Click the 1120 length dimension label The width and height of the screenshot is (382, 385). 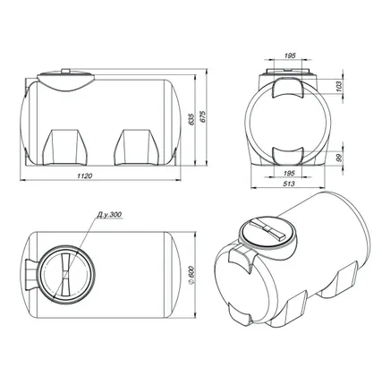pos(85,175)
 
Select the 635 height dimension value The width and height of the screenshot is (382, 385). pos(191,119)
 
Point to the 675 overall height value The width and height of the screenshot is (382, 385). pos(203,116)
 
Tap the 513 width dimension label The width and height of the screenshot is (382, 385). pos(289,184)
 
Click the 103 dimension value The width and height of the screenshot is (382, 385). pos(339,86)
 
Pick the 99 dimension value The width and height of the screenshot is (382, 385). pos(339,158)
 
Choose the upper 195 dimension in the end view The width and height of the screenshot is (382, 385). pos(290,56)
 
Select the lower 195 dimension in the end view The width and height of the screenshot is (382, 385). pos(289,173)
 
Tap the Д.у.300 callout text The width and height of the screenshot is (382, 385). pos(109,215)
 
